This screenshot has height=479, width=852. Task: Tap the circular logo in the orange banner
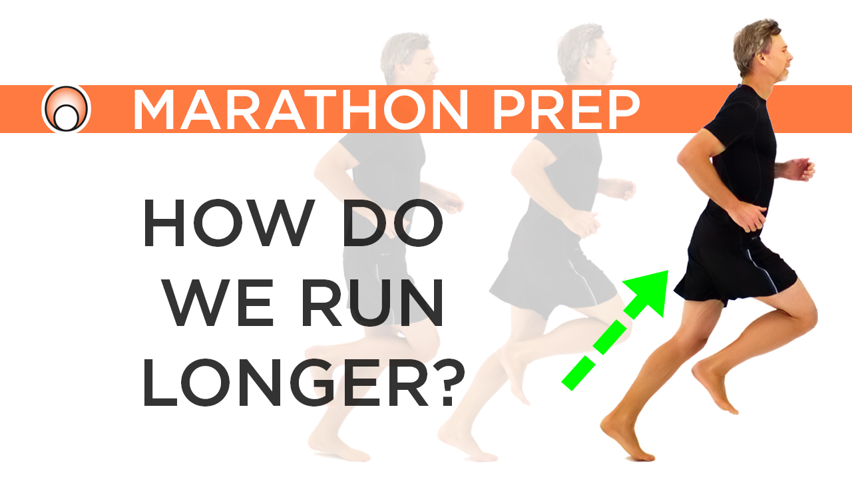pyautogui.click(x=66, y=109)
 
